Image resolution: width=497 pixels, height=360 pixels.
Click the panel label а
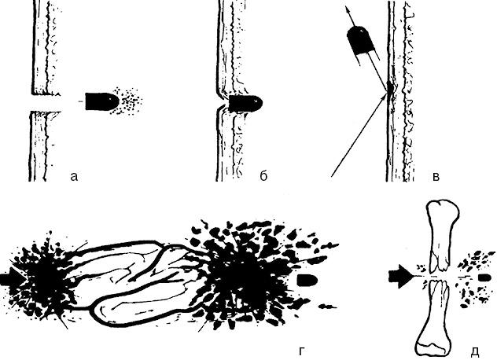pyautogui.click(x=74, y=177)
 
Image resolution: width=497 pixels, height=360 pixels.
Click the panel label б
pyautogui.click(x=263, y=175)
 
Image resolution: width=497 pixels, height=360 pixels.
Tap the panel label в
pyautogui.click(x=436, y=177)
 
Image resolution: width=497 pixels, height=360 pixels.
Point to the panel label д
pyautogui.click(x=474, y=351)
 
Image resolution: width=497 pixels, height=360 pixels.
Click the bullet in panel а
pyautogui.click(x=102, y=101)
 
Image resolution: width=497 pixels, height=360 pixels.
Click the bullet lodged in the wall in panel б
pyautogui.click(x=245, y=103)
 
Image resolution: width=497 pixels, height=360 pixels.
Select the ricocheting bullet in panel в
pyautogui.click(x=361, y=42)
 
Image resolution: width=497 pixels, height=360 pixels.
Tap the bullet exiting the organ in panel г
pyautogui.click(x=307, y=281)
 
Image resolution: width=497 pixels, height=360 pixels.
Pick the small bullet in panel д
pyautogui.click(x=485, y=278)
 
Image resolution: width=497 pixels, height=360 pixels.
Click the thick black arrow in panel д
pyautogui.click(x=400, y=276)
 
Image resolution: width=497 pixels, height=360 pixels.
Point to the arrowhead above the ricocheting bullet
pyautogui.click(x=348, y=12)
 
